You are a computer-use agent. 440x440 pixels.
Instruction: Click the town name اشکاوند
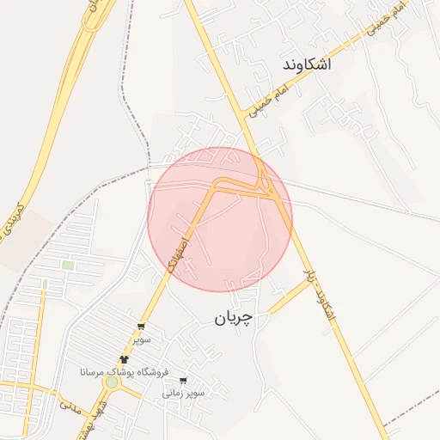point(306,64)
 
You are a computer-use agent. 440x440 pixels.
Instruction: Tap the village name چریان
point(234,319)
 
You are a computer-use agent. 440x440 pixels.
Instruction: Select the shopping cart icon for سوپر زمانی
point(183,379)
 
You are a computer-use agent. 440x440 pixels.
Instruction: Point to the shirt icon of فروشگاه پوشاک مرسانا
point(125,359)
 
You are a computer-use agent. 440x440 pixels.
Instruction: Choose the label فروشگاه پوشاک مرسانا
point(124,372)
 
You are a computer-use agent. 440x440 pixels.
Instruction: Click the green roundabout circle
point(112,382)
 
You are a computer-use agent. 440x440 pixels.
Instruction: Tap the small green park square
point(68,266)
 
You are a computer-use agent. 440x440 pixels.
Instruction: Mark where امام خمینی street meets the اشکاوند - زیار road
point(243,121)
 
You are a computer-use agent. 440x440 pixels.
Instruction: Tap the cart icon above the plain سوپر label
point(141,327)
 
